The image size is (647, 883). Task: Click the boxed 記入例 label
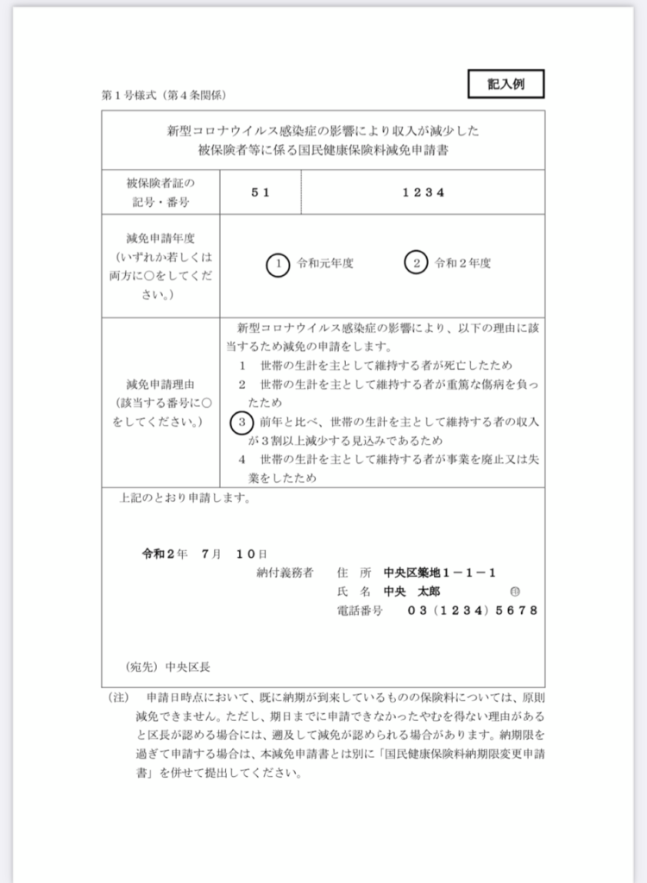[506, 84]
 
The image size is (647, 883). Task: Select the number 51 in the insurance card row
[261, 192]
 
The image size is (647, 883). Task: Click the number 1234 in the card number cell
[424, 192]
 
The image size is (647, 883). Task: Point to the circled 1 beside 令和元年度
[278, 264]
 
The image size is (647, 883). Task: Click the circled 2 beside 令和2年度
[415, 264]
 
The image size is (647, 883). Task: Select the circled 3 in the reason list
[242, 422]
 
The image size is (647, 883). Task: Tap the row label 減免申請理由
[161, 385]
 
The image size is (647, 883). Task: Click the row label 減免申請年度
[161, 239]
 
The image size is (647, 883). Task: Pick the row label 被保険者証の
[161, 183]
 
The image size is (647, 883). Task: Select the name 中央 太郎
[411, 592]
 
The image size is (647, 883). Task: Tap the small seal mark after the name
[515, 592]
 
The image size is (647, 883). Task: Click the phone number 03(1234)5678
[472, 611]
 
